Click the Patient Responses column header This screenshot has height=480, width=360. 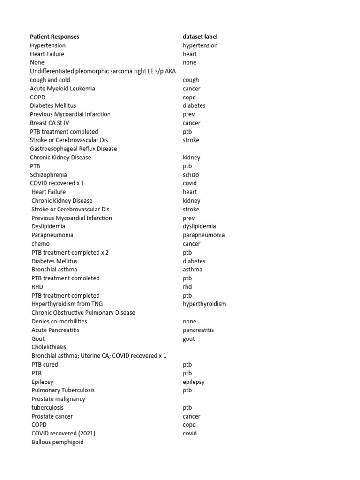click(x=54, y=37)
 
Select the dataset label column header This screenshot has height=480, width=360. click(x=200, y=37)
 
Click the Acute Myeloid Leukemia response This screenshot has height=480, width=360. click(x=62, y=89)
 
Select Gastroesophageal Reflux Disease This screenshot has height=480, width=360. click(x=74, y=149)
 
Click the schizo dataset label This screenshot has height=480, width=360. click(x=191, y=175)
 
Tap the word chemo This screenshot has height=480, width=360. click(x=40, y=244)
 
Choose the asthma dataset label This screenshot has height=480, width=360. click(x=193, y=270)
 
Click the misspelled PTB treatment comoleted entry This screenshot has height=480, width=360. click(x=66, y=278)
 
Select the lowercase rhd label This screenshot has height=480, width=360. click(x=187, y=287)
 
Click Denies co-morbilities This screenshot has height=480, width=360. click(x=60, y=321)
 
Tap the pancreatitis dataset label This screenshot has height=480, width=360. click(x=198, y=330)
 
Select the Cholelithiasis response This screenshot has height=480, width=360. click(x=49, y=347)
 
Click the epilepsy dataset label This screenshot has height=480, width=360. click(x=194, y=382)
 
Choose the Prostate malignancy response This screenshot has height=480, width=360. click(x=58, y=399)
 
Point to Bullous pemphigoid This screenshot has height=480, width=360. click(x=58, y=442)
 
